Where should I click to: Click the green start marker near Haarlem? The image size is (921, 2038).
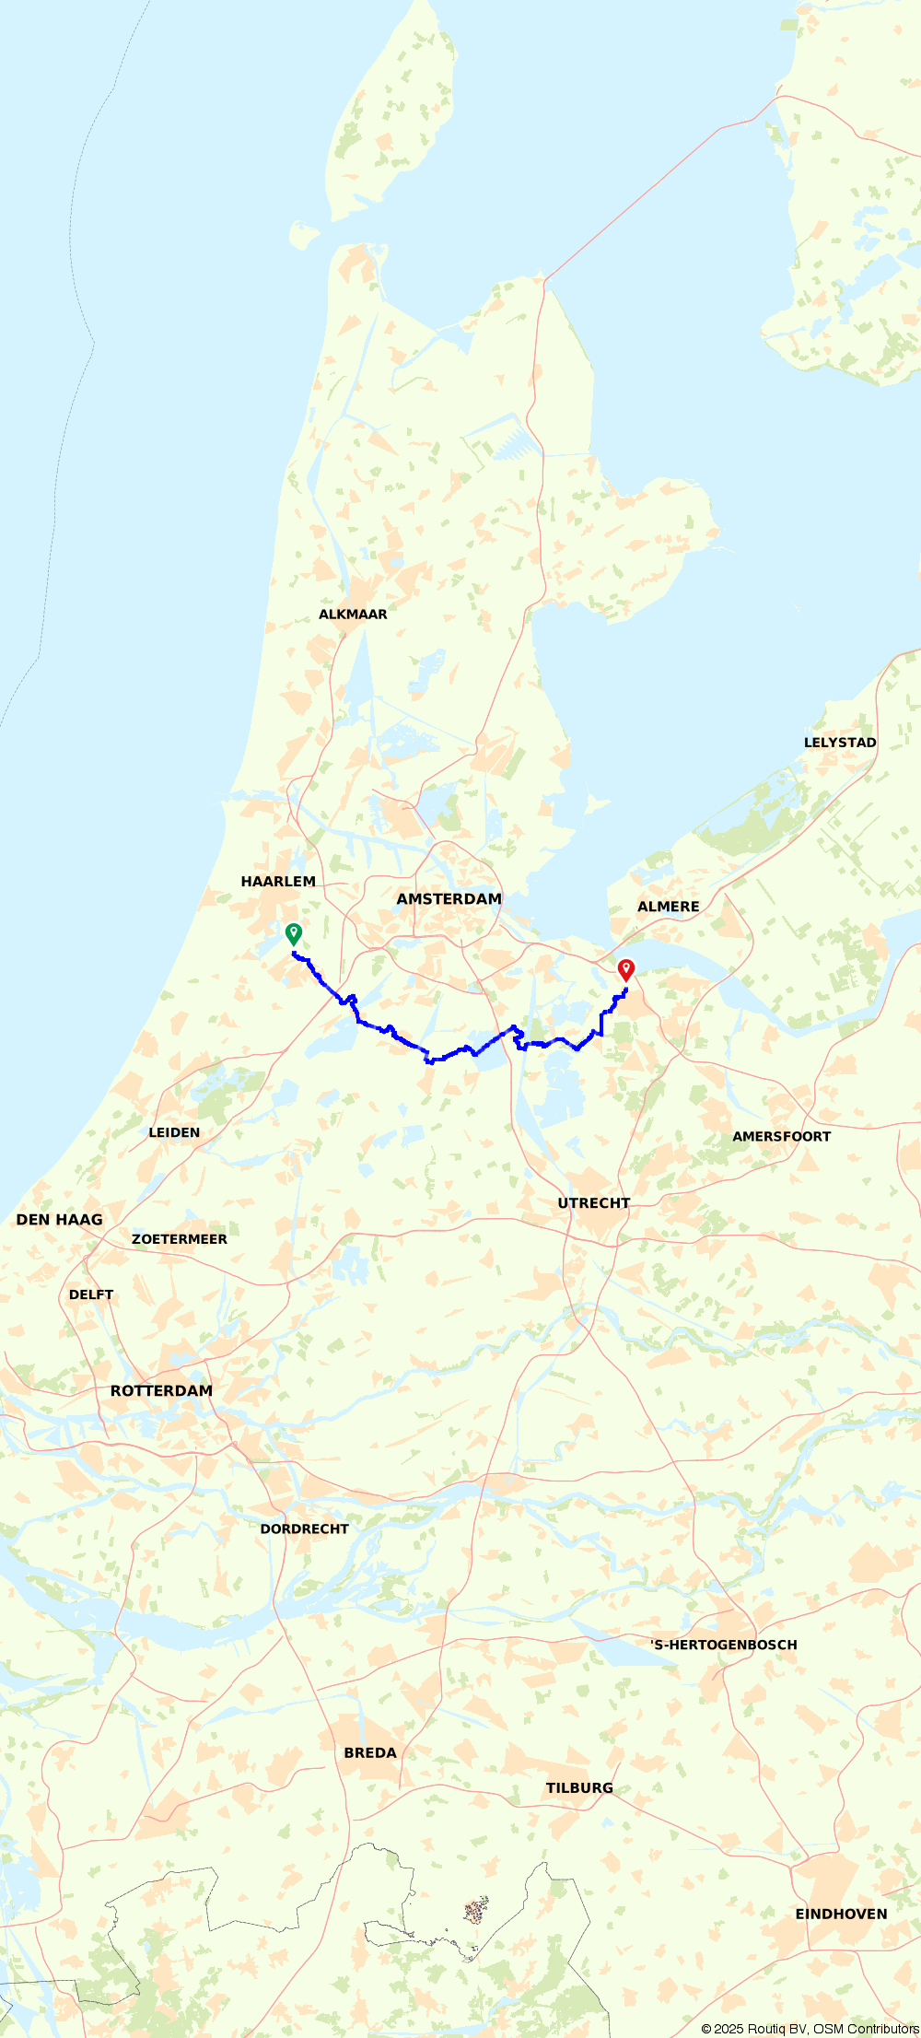(x=293, y=933)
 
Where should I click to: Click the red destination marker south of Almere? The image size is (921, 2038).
(x=626, y=969)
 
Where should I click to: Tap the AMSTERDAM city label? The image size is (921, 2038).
(x=449, y=899)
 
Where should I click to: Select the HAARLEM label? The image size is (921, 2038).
(x=278, y=882)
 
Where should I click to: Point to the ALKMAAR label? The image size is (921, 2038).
(x=353, y=615)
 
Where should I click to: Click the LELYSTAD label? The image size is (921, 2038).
(x=840, y=743)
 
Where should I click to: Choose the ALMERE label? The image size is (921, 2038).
(x=669, y=907)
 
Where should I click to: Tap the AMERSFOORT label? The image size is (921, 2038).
(x=781, y=1137)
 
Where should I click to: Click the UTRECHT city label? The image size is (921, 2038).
(x=594, y=1203)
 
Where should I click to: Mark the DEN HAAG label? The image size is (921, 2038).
(x=60, y=1220)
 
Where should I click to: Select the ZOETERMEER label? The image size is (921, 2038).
(x=180, y=1239)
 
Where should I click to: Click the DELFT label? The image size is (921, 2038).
(x=91, y=1294)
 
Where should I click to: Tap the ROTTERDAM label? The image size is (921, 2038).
(x=161, y=1391)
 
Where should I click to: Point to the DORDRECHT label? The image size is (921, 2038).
(x=305, y=1528)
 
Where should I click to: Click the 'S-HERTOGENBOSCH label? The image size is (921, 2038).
(x=724, y=1645)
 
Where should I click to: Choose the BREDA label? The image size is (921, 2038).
(x=370, y=1752)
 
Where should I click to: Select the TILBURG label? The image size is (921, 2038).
(x=579, y=1787)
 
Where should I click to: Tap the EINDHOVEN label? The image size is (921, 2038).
(x=841, y=1914)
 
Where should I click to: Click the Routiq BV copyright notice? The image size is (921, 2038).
(x=810, y=2029)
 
